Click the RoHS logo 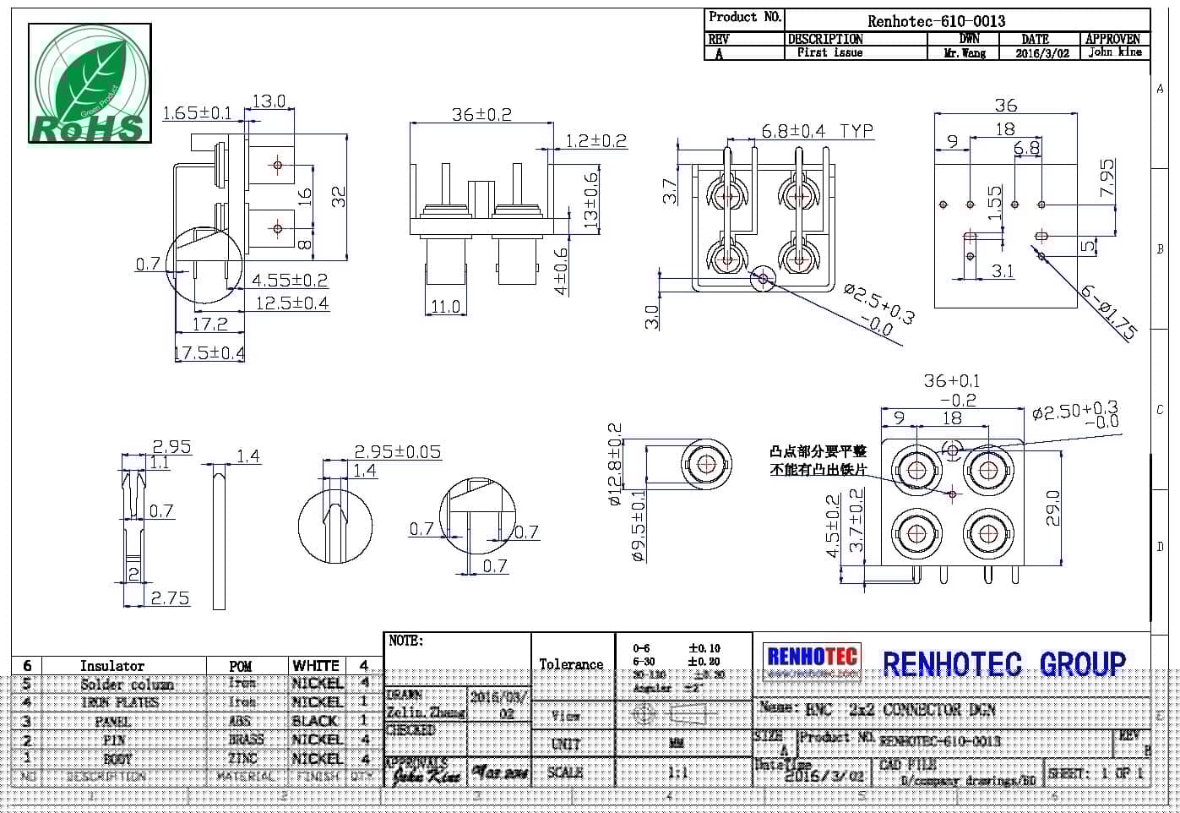(x=90, y=83)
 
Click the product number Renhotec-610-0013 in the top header (x=936, y=21)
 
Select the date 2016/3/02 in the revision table (x=1041, y=53)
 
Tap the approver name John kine (x=1115, y=52)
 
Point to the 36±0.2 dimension (x=481, y=114)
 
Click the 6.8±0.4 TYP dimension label (x=817, y=131)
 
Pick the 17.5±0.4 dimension (x=209, y=353)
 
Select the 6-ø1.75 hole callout (x=1107, y=312)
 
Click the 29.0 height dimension (x=1052, y=508)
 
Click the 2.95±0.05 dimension (x=397, y=452)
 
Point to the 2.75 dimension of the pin (x=170, y=598)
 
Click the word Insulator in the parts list (x=111, y=666)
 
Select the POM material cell (x=240, y=666)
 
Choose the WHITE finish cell (x=316, y=666)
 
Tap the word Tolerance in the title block (x=571, y=664)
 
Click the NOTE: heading (x=406, y=641)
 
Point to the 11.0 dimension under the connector (x=445, y=307)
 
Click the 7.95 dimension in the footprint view (x=1107, y=178)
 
